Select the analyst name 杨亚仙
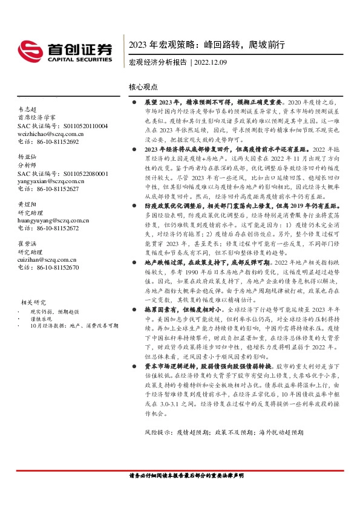[x=27, y=155]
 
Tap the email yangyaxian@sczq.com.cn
[x=51, y=180]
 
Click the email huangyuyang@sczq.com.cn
[x=53, y=221]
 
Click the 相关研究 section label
[x=34, y=302]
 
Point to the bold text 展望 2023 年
[x=159, y=104]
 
